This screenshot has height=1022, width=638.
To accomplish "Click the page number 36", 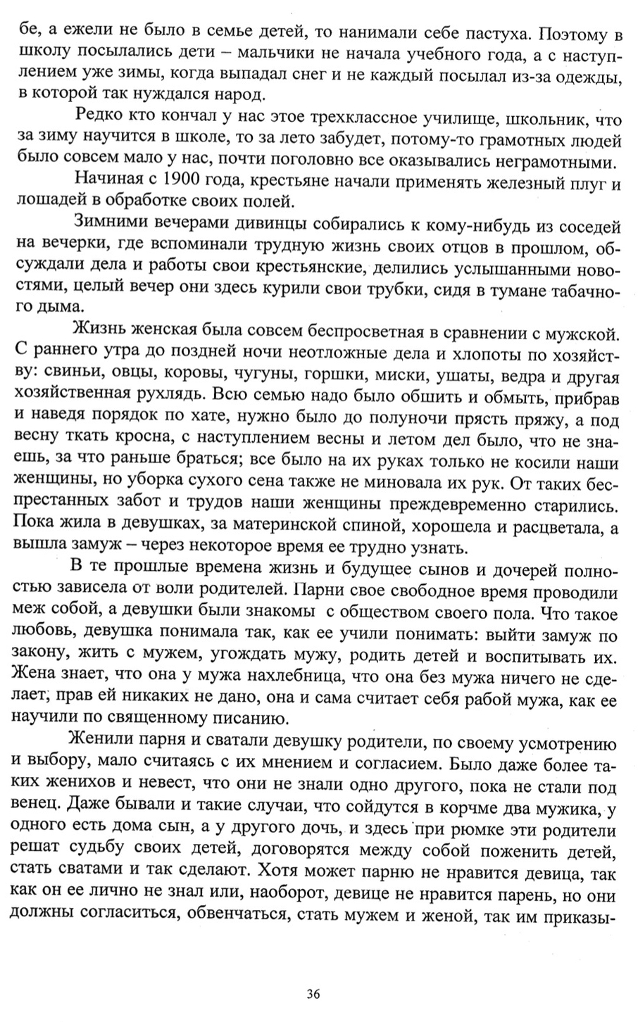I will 314,994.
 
